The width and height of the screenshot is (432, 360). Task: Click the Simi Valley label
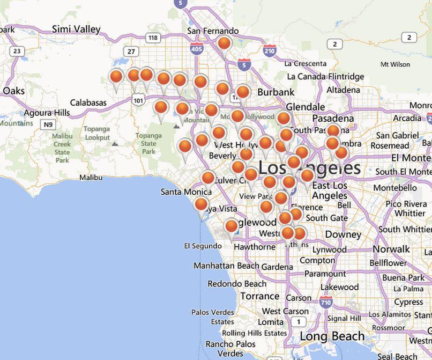coord(76,29)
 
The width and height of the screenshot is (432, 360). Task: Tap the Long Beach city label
coord(332,336)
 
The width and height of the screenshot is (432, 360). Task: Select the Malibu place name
coord(91,177)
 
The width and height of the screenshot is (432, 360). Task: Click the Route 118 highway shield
coord(153,38)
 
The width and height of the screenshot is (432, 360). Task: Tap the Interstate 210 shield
coord(270,51)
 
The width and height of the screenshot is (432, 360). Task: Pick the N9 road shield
coord(49,124)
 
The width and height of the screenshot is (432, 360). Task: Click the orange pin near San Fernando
coord(225,43)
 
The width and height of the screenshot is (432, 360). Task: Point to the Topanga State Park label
coord(148,143)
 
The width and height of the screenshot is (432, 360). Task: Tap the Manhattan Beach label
coord(226,266)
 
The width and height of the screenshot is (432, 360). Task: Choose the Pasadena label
coord(333,118)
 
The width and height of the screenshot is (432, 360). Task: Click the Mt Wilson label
coord(395,64)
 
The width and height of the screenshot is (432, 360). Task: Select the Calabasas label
coord(88,102)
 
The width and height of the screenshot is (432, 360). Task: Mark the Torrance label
coord(259,296)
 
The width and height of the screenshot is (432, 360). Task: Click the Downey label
coord(343,234)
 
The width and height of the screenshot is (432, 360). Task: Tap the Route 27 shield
coord(131,51)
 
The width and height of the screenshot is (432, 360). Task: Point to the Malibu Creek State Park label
coord(62,148)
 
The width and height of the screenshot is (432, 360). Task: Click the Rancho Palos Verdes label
coord(231,349)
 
